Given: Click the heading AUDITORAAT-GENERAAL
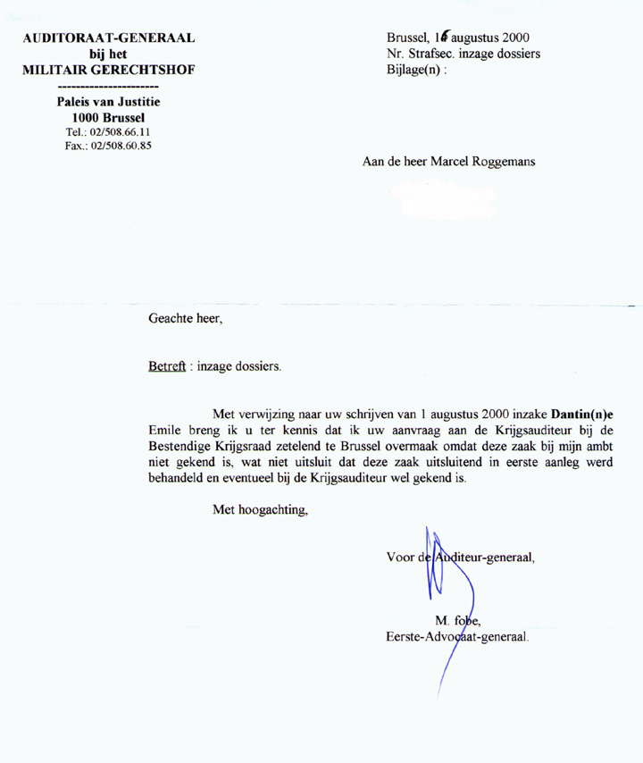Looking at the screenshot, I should [110, 38].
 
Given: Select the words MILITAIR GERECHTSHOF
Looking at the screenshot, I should [110, 71].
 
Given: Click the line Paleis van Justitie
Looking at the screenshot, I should [109, 102].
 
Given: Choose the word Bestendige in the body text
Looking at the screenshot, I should [184, 447].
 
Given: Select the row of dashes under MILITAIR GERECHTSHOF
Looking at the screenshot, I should [110, 87].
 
